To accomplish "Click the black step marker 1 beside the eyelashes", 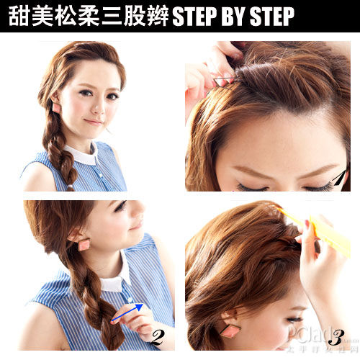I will pos(340,176).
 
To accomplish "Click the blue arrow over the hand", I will pos(125,311).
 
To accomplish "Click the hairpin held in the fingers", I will pos(223,81).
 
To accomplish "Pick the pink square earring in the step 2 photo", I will pos(84,244).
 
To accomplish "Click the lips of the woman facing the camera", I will pos(94,122).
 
